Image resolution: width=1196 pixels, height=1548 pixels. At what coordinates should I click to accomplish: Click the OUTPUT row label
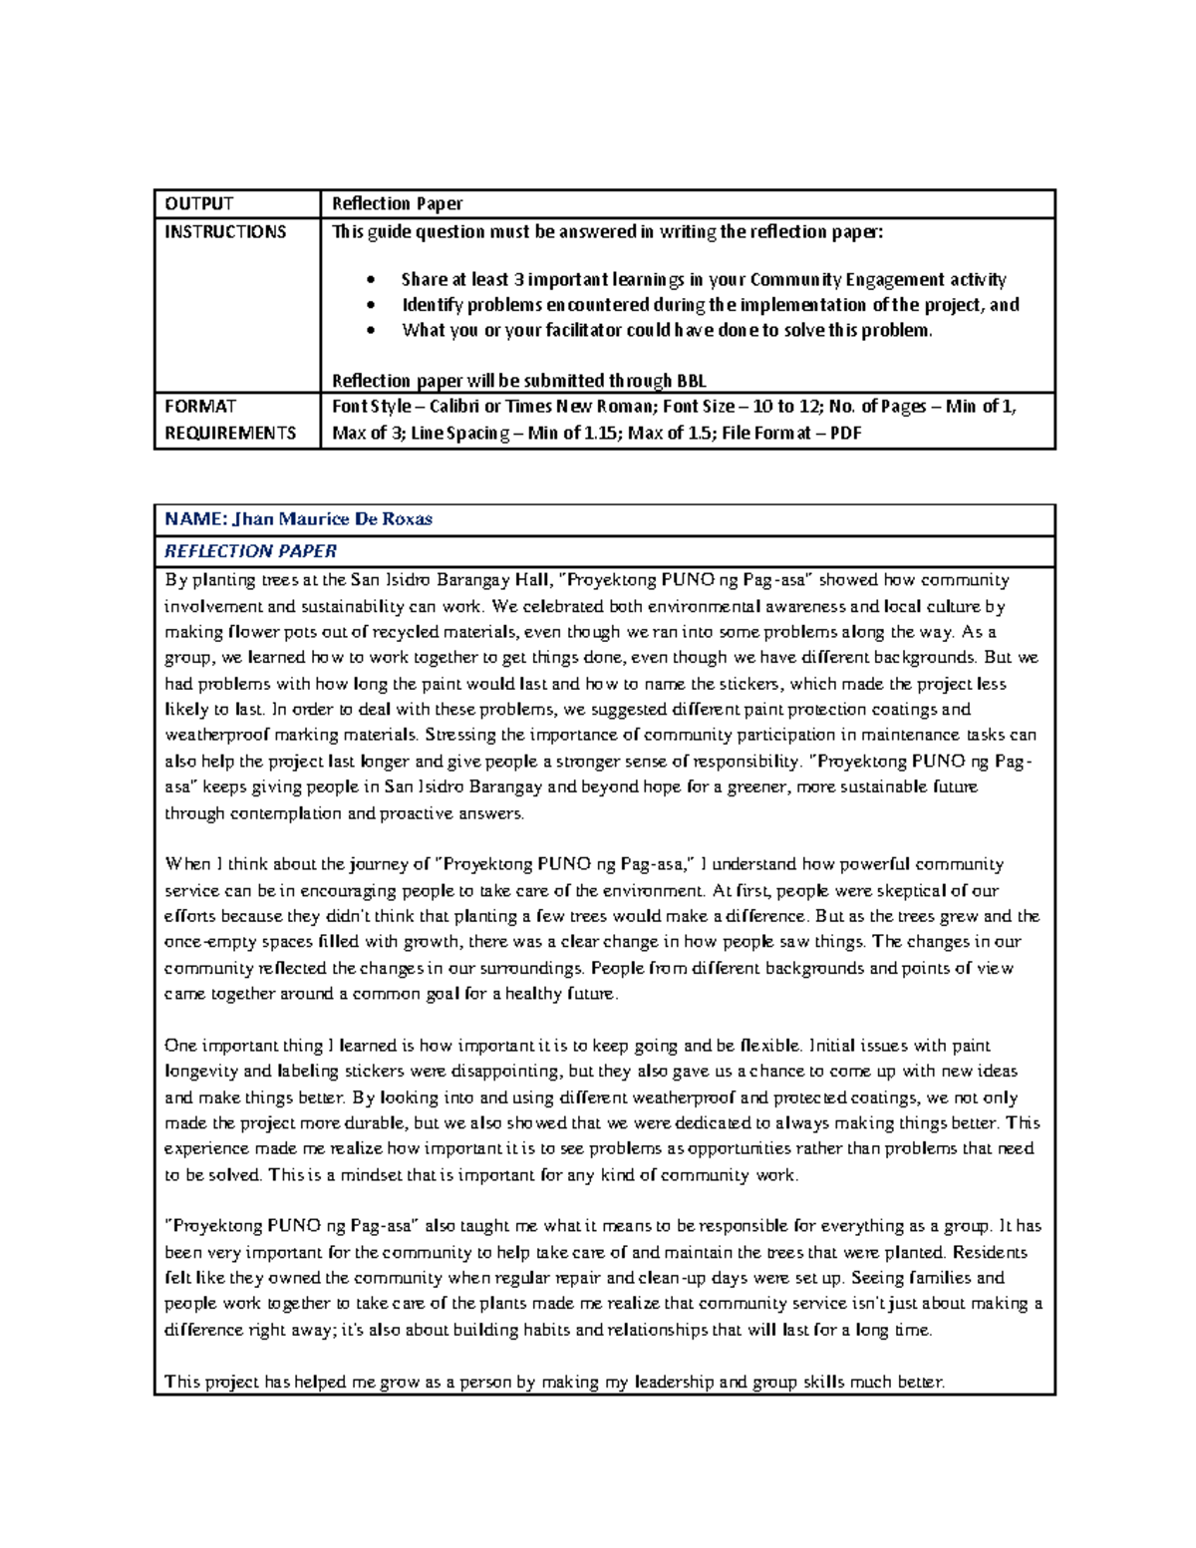point(199,204)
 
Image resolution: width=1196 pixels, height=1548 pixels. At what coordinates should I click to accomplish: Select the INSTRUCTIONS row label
point(225,232)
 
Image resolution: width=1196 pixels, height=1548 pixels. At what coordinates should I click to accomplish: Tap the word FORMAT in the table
point(200,407)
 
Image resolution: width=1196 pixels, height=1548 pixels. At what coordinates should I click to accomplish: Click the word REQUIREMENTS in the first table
point(230,434)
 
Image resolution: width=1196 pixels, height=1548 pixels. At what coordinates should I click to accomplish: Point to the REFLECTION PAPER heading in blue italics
point(250,551)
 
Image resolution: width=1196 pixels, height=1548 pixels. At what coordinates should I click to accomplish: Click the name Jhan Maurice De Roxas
point(333,519)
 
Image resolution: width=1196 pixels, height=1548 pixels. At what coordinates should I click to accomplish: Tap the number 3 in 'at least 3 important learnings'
point(518,280)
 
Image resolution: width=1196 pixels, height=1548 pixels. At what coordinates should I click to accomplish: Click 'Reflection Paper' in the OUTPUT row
point(397,204)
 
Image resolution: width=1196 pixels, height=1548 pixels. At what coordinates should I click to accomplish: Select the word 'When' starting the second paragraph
point(187,864)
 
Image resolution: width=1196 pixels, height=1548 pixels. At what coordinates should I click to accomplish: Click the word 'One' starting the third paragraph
point(180,1046)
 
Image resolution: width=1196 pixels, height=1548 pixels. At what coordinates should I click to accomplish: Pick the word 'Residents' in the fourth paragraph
point(990,1253)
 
